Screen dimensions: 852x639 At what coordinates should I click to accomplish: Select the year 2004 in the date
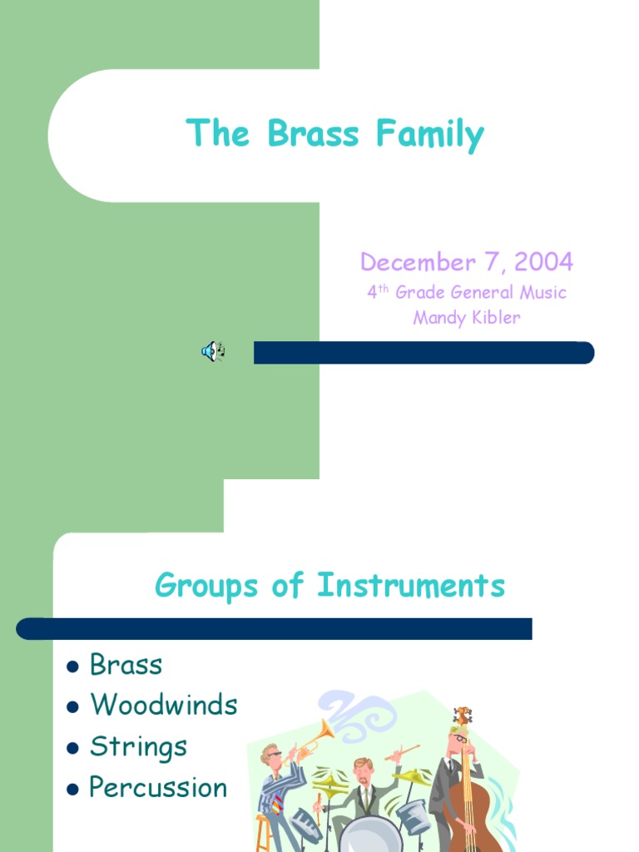point(543,263)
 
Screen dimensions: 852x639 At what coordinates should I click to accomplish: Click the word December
point(418,263)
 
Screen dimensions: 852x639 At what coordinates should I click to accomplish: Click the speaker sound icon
point(212,351)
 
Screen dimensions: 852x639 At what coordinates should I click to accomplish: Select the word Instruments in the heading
point(411,586)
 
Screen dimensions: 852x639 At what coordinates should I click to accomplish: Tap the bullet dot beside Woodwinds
point(73,707)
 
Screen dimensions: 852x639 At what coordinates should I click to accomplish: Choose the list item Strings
point(138,746)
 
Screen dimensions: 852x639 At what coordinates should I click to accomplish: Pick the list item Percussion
point(158,787)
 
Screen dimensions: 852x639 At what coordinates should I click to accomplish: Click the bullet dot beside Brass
point(73,666)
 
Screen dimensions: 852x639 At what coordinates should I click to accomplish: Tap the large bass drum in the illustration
point(370,835)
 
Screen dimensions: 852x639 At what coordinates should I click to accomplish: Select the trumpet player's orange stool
point(265,832)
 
